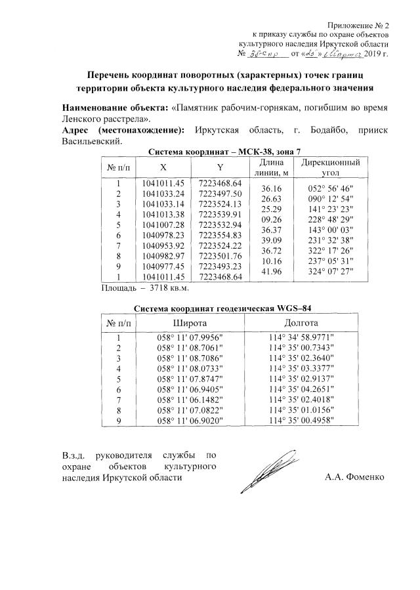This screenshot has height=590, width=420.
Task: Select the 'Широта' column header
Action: point(190,324)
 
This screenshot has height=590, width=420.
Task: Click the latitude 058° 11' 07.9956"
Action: point(190,337)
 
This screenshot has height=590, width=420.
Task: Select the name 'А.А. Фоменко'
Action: point(354,477)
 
